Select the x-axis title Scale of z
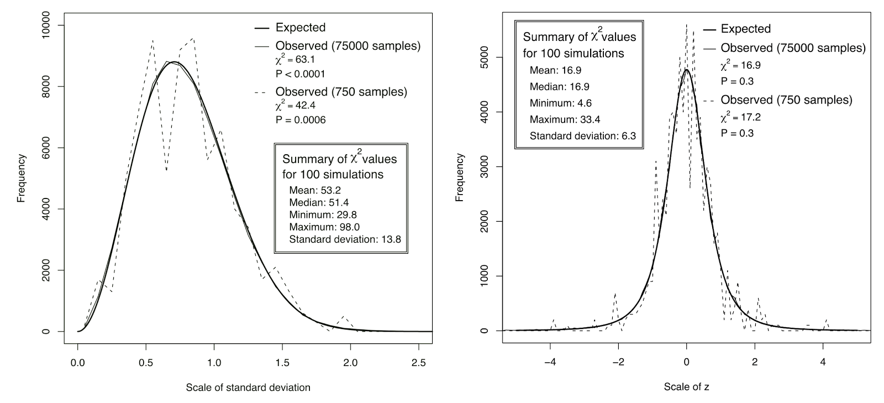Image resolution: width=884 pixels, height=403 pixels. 686,388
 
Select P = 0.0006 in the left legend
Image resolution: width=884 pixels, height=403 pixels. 301,119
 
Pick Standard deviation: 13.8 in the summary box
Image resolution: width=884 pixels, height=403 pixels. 345,239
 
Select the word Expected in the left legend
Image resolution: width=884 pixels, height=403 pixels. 301,28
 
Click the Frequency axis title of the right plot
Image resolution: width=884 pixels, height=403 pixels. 460,177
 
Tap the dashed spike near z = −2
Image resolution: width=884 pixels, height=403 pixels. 615,295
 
